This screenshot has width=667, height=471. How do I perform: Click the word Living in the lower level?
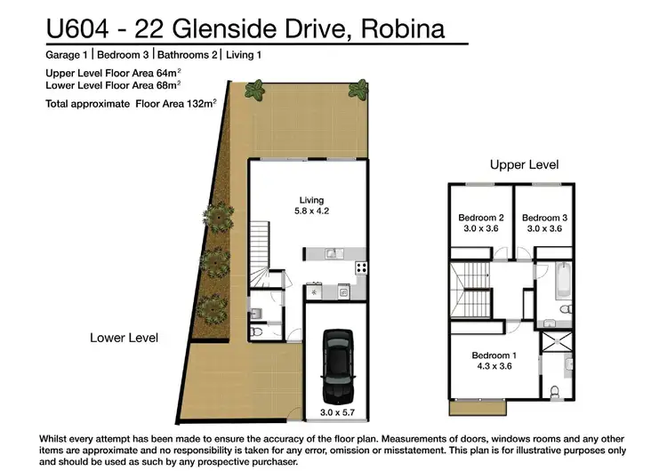(x=311, y=200)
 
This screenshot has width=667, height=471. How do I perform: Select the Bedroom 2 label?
(x=481, y=218)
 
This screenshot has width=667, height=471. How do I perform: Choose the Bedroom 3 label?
(x=544, y=218)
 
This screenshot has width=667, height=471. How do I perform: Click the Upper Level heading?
(x=524, y=165)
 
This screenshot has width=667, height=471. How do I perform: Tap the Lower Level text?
(x=124, y=338)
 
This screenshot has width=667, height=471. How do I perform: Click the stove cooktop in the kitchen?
(x=361, y=267)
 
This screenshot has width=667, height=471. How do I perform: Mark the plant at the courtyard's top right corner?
(x=358, y=88)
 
